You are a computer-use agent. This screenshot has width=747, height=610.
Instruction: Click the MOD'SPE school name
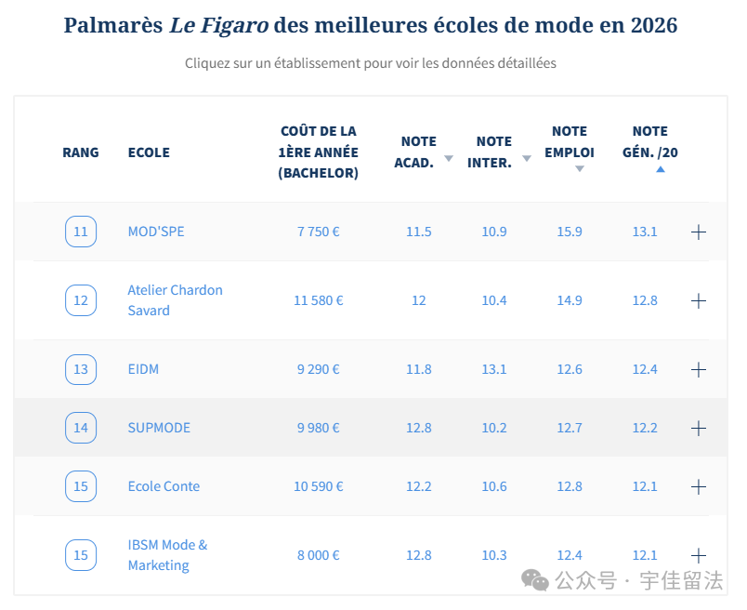[156, 232]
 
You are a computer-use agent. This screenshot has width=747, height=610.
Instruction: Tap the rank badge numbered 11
[81, 232]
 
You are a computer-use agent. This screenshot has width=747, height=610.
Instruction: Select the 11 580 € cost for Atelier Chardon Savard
[319, 300]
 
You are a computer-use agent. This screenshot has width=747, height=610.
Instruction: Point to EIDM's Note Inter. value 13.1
[494, 369]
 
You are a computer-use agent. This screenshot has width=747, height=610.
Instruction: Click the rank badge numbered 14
[81, 428]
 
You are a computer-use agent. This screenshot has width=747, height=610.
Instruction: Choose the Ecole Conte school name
[164, 486]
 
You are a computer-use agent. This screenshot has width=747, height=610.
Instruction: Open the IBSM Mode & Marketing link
[167, 555]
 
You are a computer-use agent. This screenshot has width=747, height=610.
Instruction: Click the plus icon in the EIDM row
[699, 369]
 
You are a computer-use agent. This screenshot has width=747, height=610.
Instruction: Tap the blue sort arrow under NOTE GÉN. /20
[661, 169]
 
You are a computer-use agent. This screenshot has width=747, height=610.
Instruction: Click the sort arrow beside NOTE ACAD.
[449, 158]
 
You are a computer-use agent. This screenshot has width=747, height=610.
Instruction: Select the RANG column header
[81, 152]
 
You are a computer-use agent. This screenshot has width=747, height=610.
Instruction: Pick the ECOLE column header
[149, 152]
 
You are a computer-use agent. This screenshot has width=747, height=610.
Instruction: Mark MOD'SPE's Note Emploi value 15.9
[570, 232]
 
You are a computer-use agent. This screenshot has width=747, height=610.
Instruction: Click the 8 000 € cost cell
[319, 555]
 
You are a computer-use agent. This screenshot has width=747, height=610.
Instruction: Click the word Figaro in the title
[233, 25]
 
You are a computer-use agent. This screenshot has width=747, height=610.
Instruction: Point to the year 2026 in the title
[654, 25]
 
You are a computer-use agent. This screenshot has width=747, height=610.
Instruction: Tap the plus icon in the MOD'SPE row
[699, 232]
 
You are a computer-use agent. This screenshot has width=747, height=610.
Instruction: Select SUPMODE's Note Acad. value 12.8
[419, 428]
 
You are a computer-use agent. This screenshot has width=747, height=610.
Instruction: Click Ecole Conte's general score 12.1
[645, 486]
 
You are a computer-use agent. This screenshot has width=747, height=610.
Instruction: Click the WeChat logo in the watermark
[535, 580]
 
